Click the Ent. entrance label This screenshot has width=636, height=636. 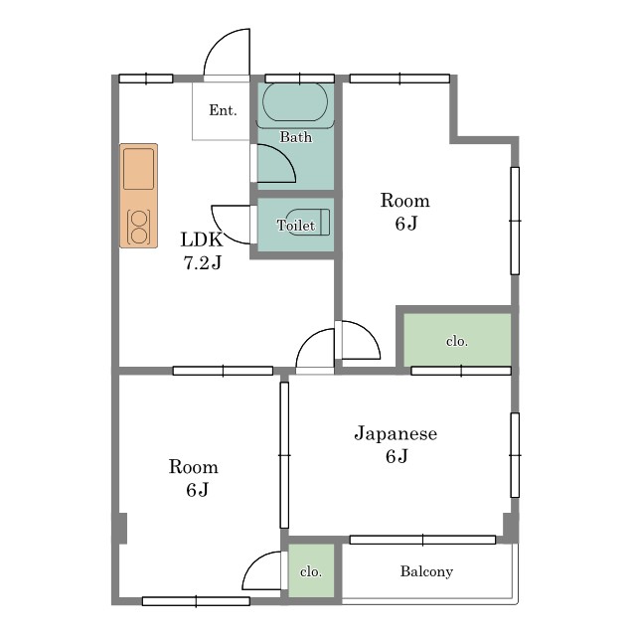point(223,110)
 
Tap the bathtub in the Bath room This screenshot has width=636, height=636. point(295,101)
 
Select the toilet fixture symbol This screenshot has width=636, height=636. point(309,223)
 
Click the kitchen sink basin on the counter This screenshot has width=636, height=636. point(139,169)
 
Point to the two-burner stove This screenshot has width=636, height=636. point(139,227)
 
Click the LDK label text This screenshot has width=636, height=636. point(202,239)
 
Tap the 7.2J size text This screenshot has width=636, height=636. point(203,262)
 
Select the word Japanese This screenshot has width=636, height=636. point(396,433)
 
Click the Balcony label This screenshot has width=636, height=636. point(426,571)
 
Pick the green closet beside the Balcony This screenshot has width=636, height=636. point(311,570)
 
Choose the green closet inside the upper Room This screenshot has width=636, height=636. point(457,340)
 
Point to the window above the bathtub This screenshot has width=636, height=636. point(300,79)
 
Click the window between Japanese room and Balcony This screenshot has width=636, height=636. point(422,540)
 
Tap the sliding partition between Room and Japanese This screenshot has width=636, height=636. point(284,455)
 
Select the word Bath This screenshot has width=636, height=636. point(296,137)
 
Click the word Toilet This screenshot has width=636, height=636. point(296,226)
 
